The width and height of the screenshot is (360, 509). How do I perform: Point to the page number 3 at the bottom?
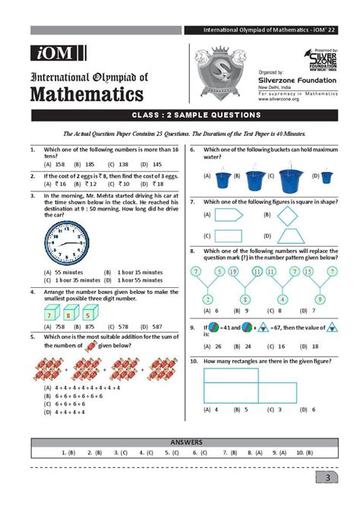326,477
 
